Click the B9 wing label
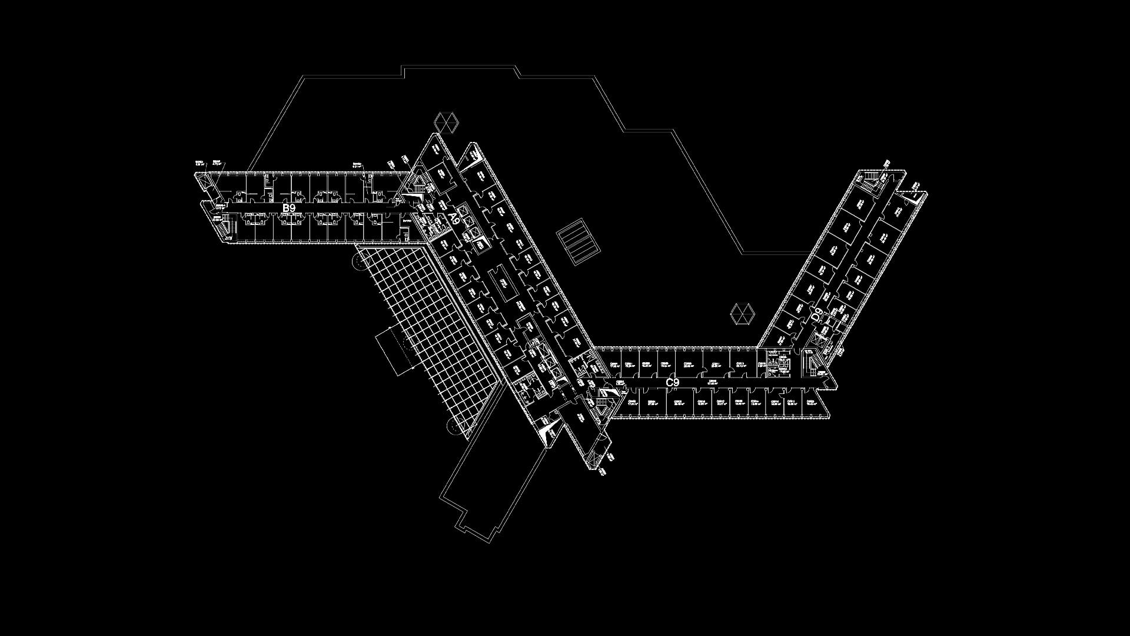click(x=288, y=208)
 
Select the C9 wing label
click(x=672, y=382)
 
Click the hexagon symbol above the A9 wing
click(x=446, y=122)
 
